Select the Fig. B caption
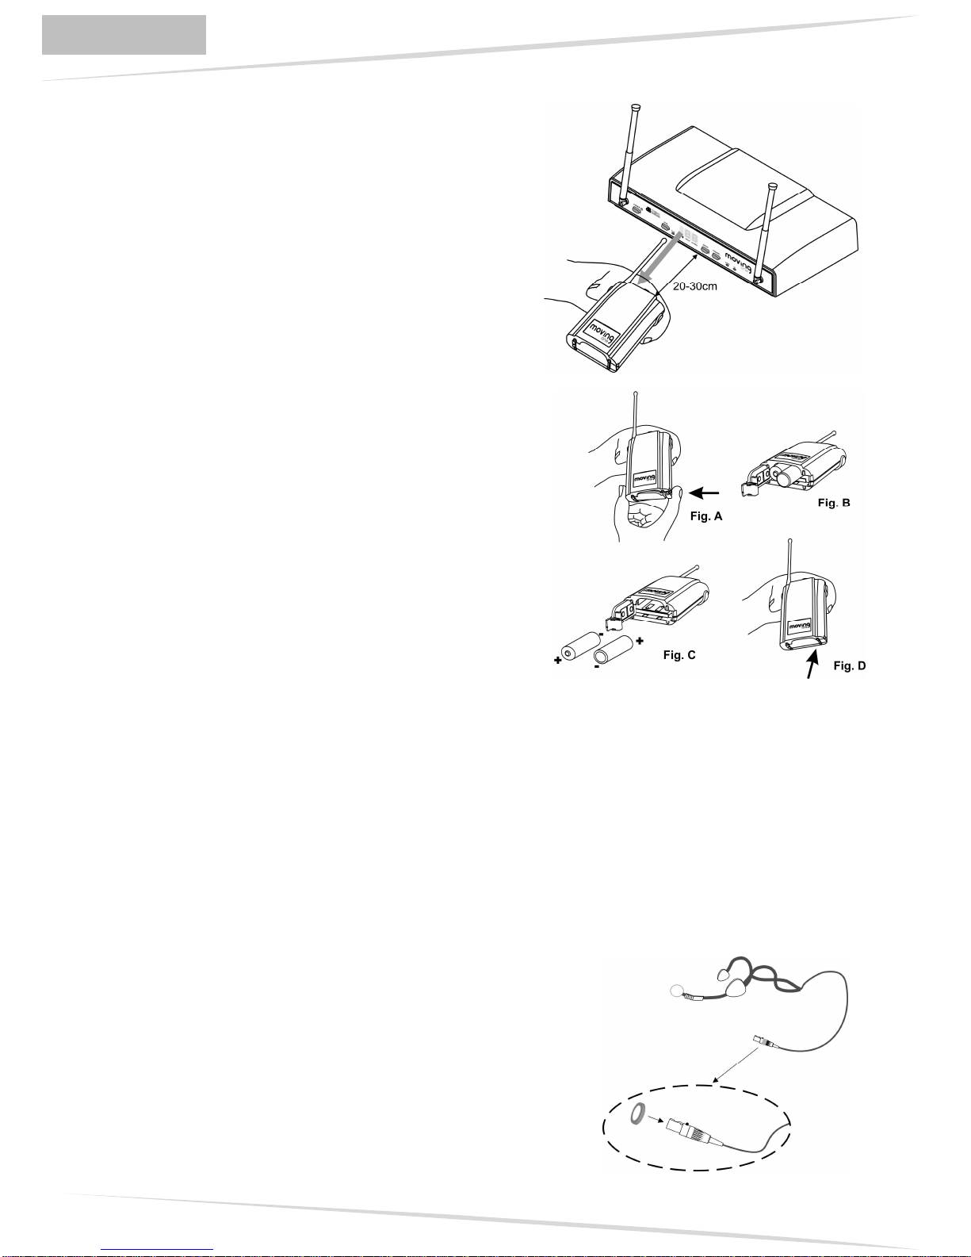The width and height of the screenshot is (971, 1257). pyautogui.click(x=835, y=504)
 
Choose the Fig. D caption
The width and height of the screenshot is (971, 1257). pyautogui.click(x=850, y=666)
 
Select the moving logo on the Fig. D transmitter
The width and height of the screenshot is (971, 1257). pyautogui.click(x=800, y=626)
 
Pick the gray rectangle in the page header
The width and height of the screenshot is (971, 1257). pyautogui.click(x=124, y=35)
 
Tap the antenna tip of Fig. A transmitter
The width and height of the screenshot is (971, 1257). pyautogui.click(x=635, y=394)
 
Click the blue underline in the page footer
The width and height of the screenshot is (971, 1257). pyautogui.click(x=158, y=1249)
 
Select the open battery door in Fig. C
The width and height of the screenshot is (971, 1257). pyautogui.click(x=617, y=618)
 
